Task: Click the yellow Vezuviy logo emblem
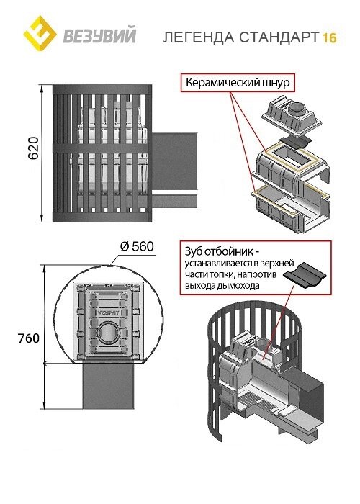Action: pyautogui.click(x=40, y=34)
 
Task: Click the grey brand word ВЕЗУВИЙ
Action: pyautogui.click(x=99, y=36)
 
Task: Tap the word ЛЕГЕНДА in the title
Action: pyautogui.click(x=199, y=37)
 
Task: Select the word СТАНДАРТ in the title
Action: pyautogui.click(x=279, y=37)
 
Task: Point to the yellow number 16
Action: pyautogui.click(x=329, y=38)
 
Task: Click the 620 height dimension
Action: pyautogui.click(x=33, y=148)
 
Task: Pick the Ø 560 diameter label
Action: pyautogui.click(x=137, y=247)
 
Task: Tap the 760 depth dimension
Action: pyautogui.click(x=29, y=338)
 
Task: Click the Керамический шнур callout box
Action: pyautogui.click(x=238, y=83)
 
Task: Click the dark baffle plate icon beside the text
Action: pyautogui.click(x=305, y=273)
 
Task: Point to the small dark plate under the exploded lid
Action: pyautogui.click(x=297, y=141)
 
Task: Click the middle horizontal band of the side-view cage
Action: pyautogui.click(x=102, y=148)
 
